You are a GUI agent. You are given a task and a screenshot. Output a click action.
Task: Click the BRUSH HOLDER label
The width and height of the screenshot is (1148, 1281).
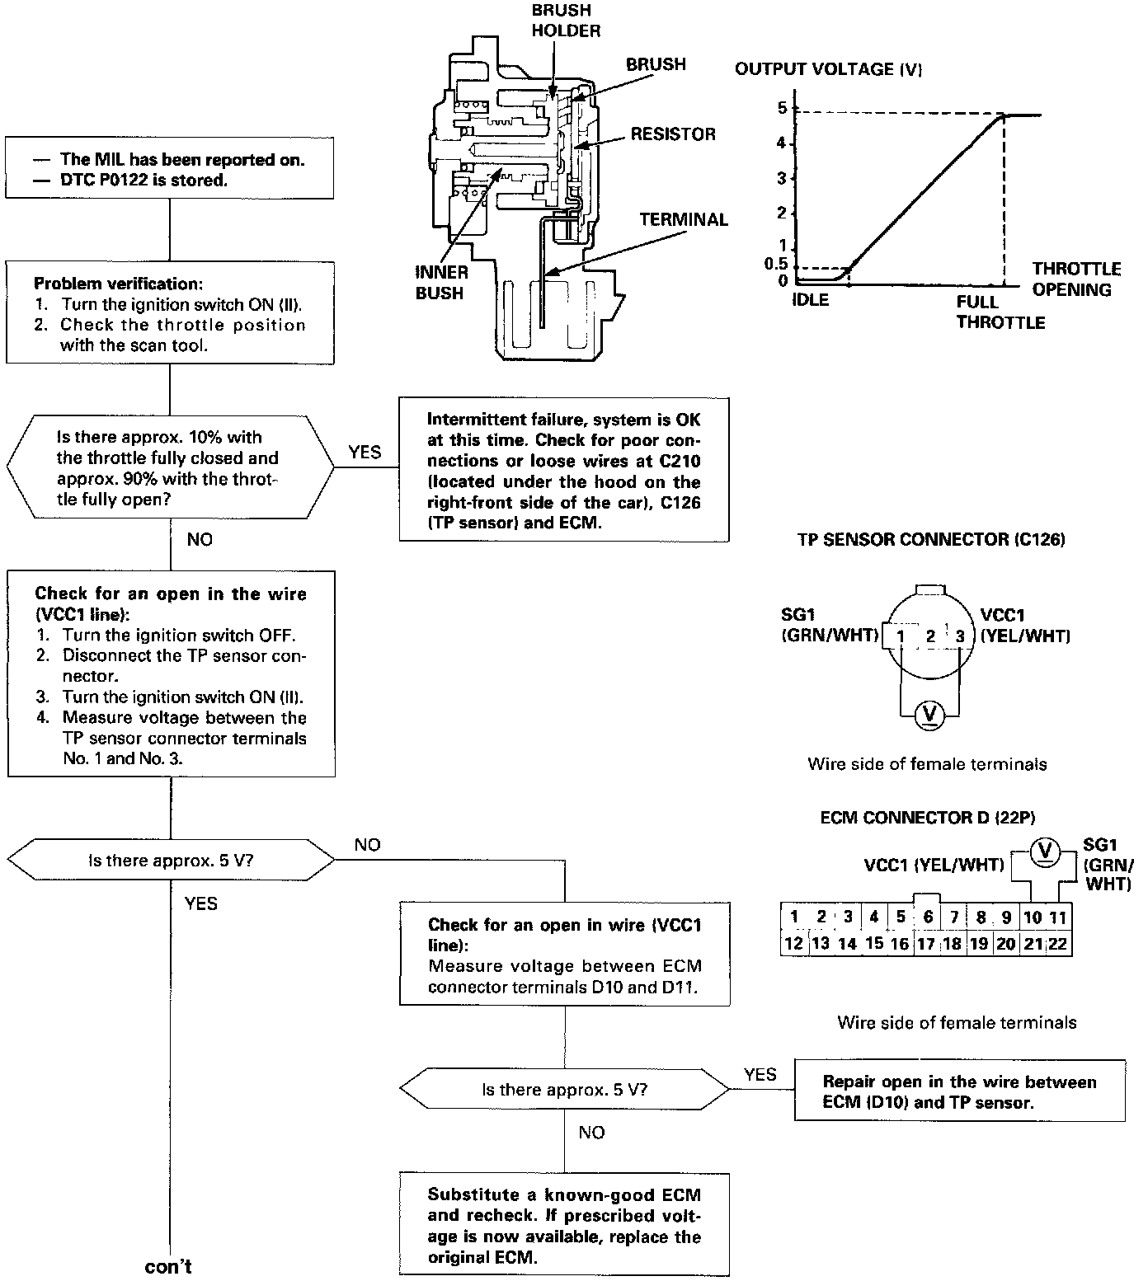[x=565, y=21]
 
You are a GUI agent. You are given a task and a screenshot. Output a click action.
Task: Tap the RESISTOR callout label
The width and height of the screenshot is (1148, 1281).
[x=673, y=134]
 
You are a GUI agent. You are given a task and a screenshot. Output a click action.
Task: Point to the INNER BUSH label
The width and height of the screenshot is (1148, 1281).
[x=441, y=282]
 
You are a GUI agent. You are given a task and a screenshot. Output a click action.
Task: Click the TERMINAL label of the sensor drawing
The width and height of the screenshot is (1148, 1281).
[x=684, y=220]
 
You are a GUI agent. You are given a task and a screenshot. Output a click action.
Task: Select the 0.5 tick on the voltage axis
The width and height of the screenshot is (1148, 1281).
[x=775, y=265]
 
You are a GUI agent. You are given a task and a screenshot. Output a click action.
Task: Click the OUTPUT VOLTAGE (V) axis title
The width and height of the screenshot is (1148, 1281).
[x=828, y=69]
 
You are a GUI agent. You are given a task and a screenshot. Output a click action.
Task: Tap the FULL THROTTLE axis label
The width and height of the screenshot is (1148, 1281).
[x=1000, y=312]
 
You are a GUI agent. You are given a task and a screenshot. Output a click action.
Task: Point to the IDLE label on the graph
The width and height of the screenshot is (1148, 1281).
[x=810, y=300]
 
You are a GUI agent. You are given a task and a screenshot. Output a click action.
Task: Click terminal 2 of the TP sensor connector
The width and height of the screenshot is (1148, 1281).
[x=929, y=636]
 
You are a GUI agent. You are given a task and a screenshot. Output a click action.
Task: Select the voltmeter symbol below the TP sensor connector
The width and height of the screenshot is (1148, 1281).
[x=930, y=713]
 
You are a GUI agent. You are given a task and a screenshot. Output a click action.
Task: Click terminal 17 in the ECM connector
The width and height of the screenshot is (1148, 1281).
[x=927, y=943]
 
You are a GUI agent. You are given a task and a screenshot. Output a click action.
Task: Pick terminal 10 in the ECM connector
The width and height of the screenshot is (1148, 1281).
[x=1032, y=917]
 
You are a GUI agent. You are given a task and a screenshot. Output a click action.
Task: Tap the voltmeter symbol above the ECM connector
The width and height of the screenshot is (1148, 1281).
[x=1045, y=850]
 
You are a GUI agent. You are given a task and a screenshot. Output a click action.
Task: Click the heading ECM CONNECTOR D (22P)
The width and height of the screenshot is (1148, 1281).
[x=927, y=818]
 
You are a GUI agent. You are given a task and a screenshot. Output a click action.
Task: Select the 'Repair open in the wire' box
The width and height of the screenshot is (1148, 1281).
[x=959, y=1091]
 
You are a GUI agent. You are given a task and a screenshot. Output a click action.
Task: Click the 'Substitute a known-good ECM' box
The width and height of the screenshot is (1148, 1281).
[x=564, y=1226]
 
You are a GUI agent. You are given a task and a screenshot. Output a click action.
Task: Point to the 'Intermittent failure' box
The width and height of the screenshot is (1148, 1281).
[x=564, y=471]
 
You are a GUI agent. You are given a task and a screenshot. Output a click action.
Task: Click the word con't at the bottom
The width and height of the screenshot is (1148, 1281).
[x=168, y=1266]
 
